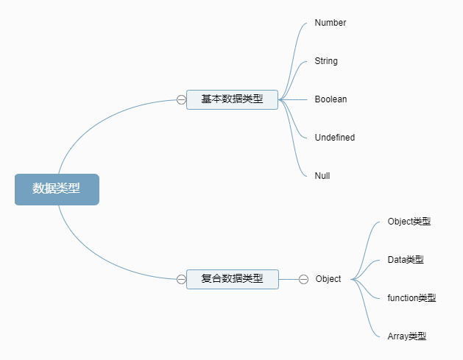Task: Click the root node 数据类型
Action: (57, 189)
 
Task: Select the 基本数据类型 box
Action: (232, 99)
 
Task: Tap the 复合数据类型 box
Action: (232, 279)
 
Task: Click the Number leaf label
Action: (330, 23)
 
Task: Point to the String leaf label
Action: (326, 61)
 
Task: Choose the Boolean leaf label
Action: (331, 99)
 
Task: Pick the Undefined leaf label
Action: (334, 138)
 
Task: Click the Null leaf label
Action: (322, 176)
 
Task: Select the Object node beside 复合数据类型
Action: (328, 279)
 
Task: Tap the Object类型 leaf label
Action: (409, 222)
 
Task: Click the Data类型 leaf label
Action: (405, 260)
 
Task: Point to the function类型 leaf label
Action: (411, 298)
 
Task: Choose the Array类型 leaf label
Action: (406, 336)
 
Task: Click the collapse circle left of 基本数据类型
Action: (181, 100)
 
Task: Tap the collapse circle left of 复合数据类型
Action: (181, 279)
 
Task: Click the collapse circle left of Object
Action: (303, 279)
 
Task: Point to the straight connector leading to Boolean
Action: (297, 99)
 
